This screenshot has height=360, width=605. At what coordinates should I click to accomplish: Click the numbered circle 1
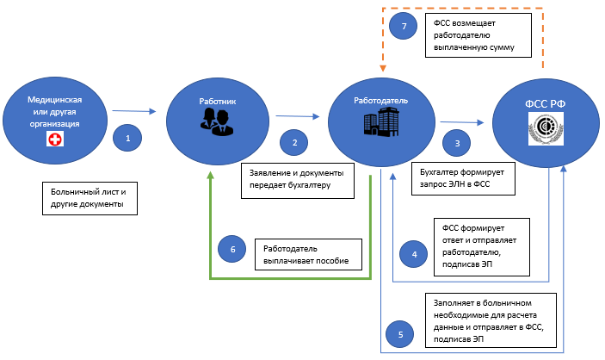coord(127,137)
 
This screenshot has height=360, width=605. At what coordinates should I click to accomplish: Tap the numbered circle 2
coord(294,142)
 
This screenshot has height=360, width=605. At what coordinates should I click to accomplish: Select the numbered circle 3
coord(457,143)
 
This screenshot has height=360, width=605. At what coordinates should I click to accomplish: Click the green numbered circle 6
coord(232,250)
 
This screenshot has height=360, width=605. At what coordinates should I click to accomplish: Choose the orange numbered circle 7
coord(407,27)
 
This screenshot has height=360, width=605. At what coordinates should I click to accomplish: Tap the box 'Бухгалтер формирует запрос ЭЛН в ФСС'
coord(463,177)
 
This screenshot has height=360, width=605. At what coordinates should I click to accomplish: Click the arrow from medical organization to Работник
coord(136,110)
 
